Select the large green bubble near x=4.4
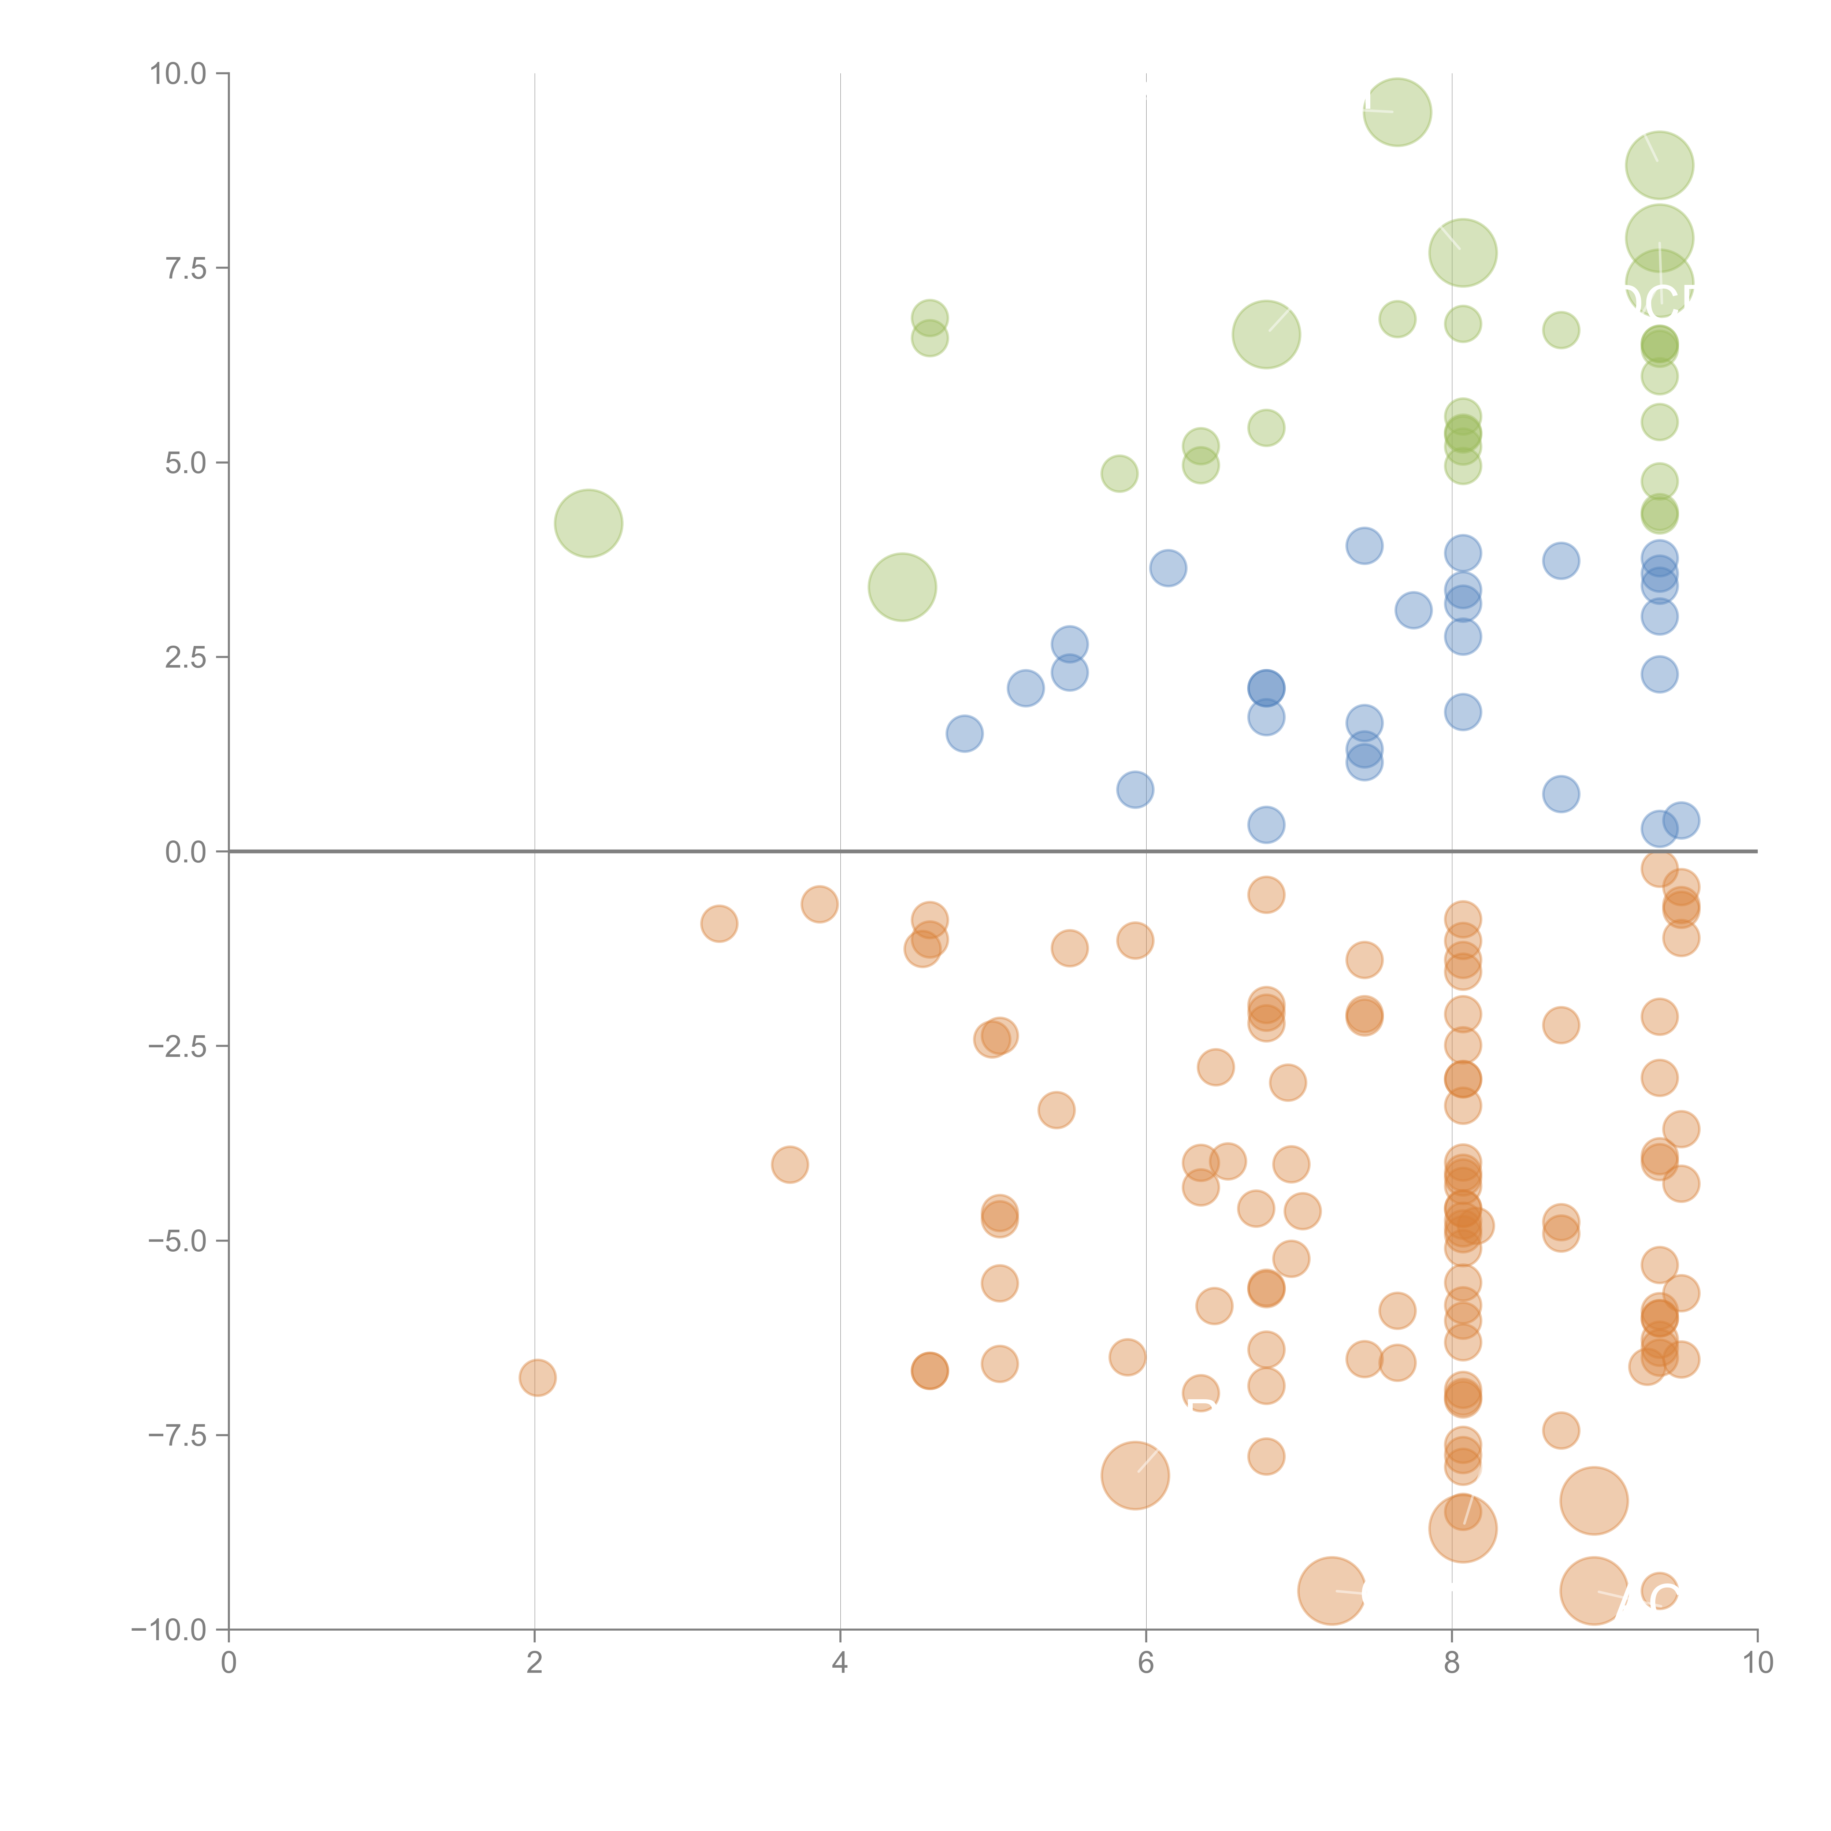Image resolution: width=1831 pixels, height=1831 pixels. tap(901, 588)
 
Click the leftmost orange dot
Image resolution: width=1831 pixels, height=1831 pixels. tap(537, 1377)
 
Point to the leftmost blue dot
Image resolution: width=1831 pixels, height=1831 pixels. tap(964, 733)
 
